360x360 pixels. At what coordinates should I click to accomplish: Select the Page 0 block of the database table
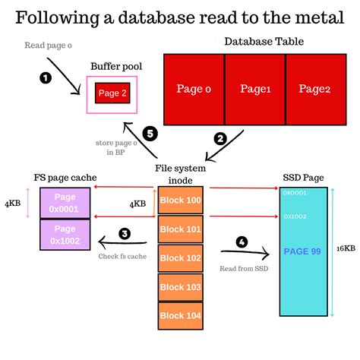194,89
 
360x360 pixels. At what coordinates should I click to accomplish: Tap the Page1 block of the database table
255,89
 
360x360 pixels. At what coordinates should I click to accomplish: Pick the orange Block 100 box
180,201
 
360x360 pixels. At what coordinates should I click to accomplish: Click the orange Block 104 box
180,315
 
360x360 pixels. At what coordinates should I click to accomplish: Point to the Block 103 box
180,286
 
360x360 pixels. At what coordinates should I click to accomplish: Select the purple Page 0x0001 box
65,201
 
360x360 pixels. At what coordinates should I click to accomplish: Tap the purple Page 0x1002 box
65,234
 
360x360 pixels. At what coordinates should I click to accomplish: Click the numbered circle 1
45,77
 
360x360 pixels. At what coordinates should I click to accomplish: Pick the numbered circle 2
220,139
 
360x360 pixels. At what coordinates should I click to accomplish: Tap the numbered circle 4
242,242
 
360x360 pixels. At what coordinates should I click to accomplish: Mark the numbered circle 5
150,134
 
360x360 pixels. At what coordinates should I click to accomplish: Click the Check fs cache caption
122,255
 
